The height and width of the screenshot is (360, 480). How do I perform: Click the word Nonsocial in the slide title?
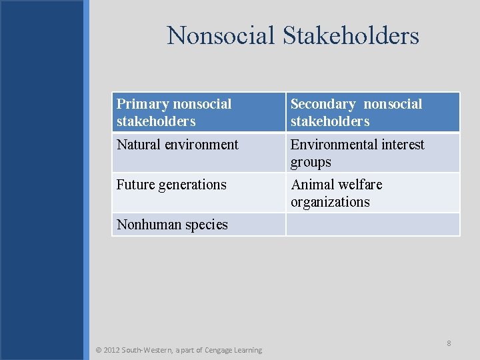[221, 35]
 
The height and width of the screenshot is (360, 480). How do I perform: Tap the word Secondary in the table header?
[323, 104]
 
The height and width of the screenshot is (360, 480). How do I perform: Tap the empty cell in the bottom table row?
[373, 225]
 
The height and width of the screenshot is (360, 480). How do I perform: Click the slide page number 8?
[449, 343]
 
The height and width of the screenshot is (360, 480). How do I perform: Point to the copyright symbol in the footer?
[99, 350]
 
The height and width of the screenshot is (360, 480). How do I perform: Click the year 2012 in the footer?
[112, 350]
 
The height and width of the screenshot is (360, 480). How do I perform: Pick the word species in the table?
[204, 225]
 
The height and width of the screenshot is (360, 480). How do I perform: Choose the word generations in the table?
[193, 185]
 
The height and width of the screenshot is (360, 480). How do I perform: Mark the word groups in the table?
[311, 162]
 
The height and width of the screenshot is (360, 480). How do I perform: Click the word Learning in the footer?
[249, 350]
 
